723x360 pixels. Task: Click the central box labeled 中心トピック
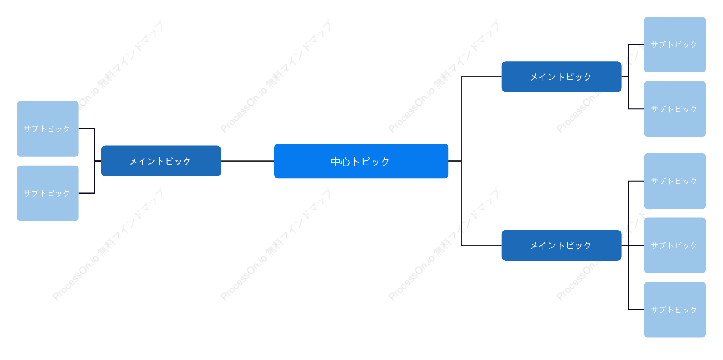coord(361,161)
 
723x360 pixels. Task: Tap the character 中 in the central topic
coord(336,162)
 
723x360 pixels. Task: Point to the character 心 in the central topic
coord(346,162)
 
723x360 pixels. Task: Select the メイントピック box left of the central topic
coord(161,161)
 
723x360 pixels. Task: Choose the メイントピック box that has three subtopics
coord(561,245)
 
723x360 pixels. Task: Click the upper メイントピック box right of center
coord(561,77)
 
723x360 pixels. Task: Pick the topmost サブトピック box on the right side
coord(675,44)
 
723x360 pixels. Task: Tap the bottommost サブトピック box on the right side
coord(675,310)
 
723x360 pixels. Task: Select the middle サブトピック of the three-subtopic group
coord(675,245)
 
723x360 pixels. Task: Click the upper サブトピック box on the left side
coord(48,129)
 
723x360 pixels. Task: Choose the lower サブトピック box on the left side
coord(48,193)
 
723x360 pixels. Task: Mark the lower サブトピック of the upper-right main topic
coord(675,109)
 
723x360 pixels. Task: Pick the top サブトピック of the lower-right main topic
coord(675,181)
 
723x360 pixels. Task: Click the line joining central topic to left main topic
coord(247,161)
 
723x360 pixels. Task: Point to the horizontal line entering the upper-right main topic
coord(482,77)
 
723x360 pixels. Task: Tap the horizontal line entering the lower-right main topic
coord(482,245)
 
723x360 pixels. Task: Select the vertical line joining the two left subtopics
coord(94,161)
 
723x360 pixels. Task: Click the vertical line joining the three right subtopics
coord(629,245)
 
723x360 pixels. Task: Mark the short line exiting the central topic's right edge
coord(455,161)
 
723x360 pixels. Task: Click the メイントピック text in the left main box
coord(160,161)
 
